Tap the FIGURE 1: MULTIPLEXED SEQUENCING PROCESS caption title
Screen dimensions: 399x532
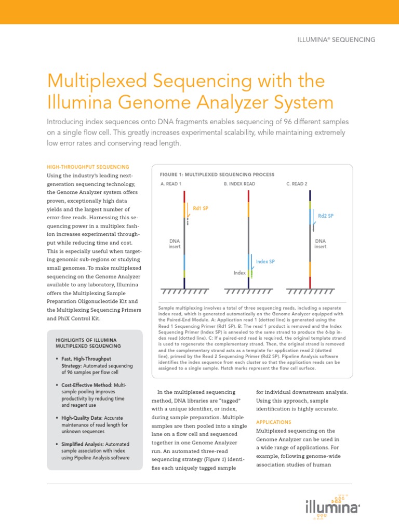[218, 175]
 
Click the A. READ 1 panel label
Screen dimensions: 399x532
[171, 184]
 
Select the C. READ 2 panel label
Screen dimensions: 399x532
[297, 184]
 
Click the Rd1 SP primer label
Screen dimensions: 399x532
[201, 208]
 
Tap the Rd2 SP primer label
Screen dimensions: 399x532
[326, 216]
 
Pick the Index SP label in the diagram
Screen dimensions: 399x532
[265, 261]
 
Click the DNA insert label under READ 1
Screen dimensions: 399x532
[175, 244]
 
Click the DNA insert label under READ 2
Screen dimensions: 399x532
[321, 244]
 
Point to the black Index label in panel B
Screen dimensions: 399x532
[240, 273]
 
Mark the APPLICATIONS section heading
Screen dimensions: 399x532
[274, 422]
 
